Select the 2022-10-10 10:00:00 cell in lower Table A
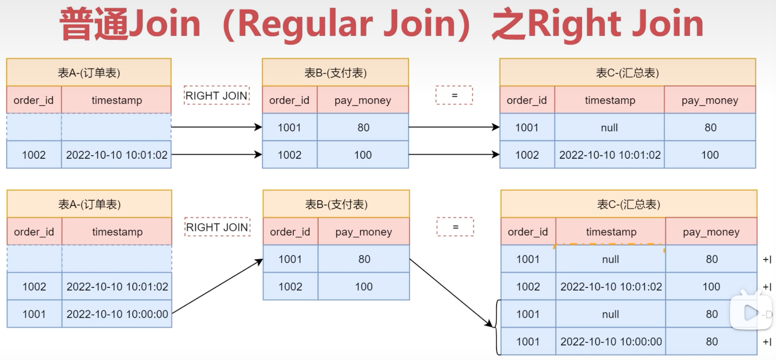click(117, 314)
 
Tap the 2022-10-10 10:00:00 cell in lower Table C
click(611, 342)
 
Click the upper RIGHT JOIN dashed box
click(217, 95)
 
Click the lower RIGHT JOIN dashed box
click(217, 227)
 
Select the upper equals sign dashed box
click(454, 95)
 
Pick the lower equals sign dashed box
click(455, 227)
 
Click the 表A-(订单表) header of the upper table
click(89, 73)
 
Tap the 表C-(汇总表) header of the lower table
click(628, 204)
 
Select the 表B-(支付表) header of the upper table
click(335, 73)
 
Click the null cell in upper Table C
click(609, 127)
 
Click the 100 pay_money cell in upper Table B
click(363, 155)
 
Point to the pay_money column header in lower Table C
click(711, 232)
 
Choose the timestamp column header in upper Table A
click(116, 100)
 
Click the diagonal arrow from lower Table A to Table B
click(217, 286)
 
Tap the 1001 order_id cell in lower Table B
click(290, 259)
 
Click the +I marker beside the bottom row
click(767, 342)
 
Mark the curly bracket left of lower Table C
click(496, 327)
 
